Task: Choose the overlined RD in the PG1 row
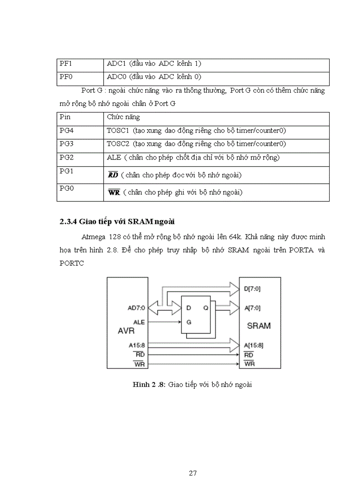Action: (113, 175)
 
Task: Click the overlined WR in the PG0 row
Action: (114, 193)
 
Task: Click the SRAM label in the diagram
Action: (259, 326)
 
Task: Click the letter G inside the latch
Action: (189, 322)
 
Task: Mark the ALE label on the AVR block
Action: (139, 322)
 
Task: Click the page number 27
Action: (192, 473)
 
